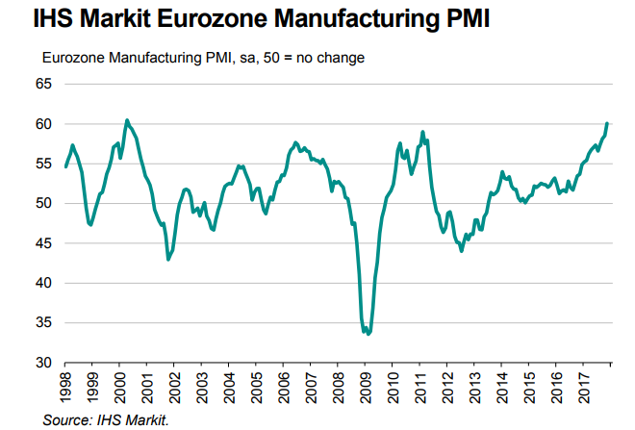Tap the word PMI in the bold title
462,17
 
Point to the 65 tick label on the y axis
44,84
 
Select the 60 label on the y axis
44,124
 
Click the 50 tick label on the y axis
44,204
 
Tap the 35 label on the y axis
44,323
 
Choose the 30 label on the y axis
44,363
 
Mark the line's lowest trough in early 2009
368,334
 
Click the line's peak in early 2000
126,120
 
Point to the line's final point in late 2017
607,123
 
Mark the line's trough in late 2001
168,260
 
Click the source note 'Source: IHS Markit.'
106,418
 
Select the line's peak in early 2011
422,132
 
